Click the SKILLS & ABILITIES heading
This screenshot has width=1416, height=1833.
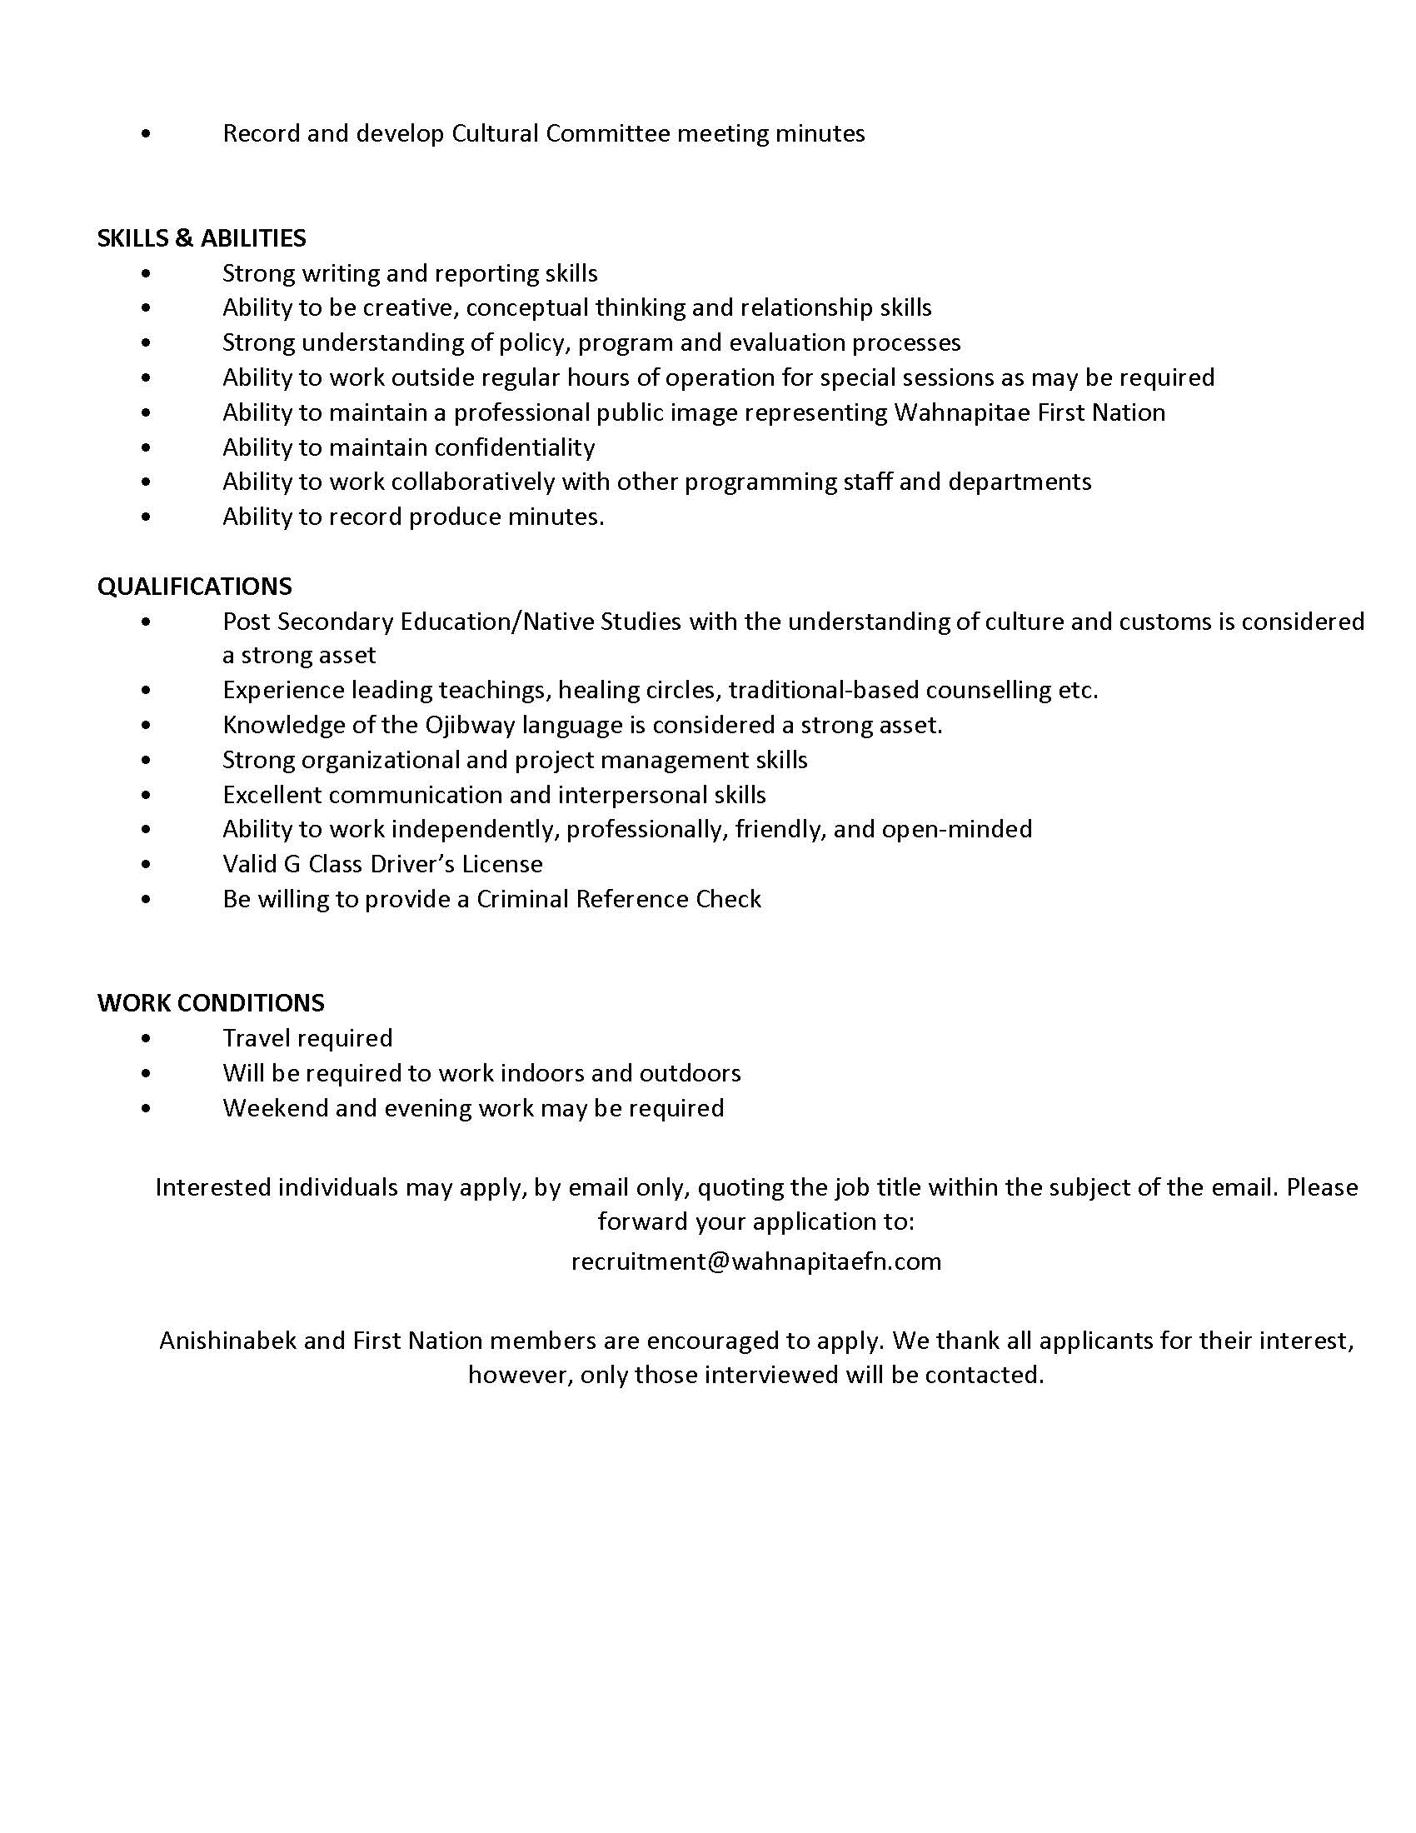tap(202, 238)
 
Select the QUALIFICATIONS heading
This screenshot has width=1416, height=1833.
tap(195, 586)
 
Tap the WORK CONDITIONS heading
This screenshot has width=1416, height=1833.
tap(211, 1003)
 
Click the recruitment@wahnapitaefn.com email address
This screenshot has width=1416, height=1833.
tap(755, 1261)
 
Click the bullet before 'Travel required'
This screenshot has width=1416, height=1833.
tap(147, 1039)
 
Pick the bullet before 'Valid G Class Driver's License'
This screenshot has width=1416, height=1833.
tap(147, 865)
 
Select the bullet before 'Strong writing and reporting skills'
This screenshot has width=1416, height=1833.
tap(147, 273)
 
